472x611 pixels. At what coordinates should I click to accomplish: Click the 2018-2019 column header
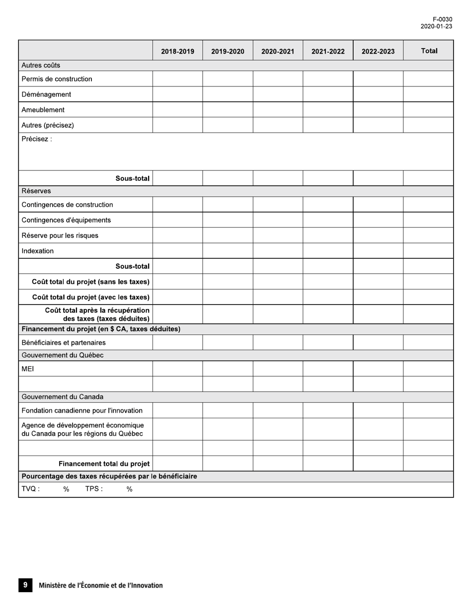[177, 51]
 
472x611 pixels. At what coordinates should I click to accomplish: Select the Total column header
[429, 51]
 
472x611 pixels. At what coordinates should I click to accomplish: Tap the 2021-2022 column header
[328, 51]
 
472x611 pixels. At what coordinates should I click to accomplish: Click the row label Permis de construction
[57, 79]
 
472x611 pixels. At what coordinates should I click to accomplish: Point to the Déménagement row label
[46, 94]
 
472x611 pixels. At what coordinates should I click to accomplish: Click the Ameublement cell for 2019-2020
[228, 110]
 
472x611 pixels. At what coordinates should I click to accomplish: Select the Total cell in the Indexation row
[428, 251]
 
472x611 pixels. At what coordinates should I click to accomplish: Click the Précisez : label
[36, 139]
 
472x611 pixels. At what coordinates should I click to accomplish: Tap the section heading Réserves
[36, 191]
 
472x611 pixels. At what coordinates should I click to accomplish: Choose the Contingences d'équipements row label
[66, 220]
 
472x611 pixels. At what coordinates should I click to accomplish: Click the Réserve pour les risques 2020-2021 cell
[278, 235]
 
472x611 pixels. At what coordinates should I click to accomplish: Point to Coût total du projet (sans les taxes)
[90, 282]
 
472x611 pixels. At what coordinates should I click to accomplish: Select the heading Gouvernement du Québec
[62, 355]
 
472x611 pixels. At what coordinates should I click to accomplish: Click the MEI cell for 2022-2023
[378, 369]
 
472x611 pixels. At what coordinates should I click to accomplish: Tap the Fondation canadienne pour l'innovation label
[82, 410]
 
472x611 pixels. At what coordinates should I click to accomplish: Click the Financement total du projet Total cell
[428, 463]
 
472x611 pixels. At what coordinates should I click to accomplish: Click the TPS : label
[94, 489]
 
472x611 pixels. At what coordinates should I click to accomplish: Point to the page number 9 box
[25, 585]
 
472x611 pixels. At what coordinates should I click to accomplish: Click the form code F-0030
[442, 19]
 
